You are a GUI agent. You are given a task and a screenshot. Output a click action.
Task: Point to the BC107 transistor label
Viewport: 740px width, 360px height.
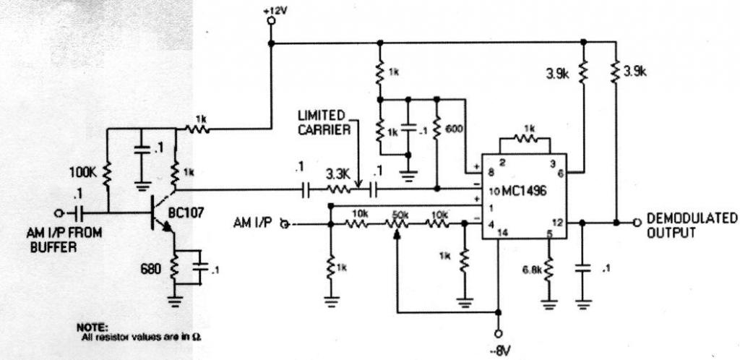186,213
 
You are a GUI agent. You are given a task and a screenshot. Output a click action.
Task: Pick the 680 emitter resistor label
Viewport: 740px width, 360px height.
152,270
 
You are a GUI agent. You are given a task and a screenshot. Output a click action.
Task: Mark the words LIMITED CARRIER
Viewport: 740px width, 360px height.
324,123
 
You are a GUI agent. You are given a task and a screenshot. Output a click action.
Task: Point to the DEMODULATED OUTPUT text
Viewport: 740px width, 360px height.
692,226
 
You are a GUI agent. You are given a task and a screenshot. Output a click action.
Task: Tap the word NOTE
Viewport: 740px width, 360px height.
92,327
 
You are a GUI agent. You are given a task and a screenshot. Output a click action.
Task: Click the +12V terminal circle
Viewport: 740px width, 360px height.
271,20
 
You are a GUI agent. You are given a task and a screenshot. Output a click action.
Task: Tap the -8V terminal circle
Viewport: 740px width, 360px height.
498,334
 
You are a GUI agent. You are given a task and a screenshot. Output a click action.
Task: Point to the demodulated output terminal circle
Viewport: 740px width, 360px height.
636,222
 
